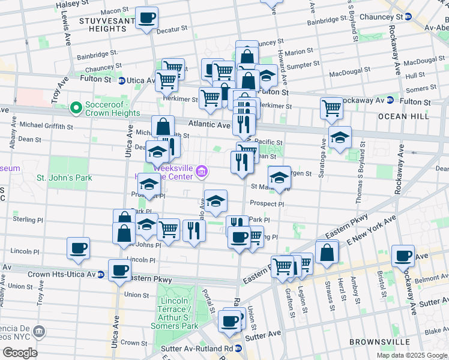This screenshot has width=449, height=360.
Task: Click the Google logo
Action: coord(20,353)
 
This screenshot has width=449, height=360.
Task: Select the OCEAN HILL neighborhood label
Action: coord(408,116)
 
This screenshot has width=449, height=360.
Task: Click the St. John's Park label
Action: coord(64,178)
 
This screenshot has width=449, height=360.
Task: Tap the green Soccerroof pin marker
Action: coord(76,108)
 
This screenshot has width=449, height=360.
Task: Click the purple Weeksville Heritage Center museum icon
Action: coord(202,173)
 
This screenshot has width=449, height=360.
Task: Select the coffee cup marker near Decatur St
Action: coord(146,18)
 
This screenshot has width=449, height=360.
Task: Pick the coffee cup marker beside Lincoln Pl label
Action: coord(78,247)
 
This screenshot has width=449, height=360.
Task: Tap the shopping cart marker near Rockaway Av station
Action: coord(331,108)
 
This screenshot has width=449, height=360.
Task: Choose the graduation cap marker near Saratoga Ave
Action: coord(340,137)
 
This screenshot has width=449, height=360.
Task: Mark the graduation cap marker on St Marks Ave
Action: coord(279,177)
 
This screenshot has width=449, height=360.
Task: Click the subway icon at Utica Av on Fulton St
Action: coord(121,80)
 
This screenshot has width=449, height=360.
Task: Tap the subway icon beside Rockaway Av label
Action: coord(390,100)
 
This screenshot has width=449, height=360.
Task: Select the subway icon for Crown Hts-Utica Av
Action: coord(101,274)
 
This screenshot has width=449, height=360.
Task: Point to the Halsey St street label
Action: coord(68,4)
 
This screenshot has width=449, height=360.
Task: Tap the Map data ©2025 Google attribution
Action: coord(412,355)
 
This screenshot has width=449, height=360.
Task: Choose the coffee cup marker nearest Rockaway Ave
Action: coord(402,255)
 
